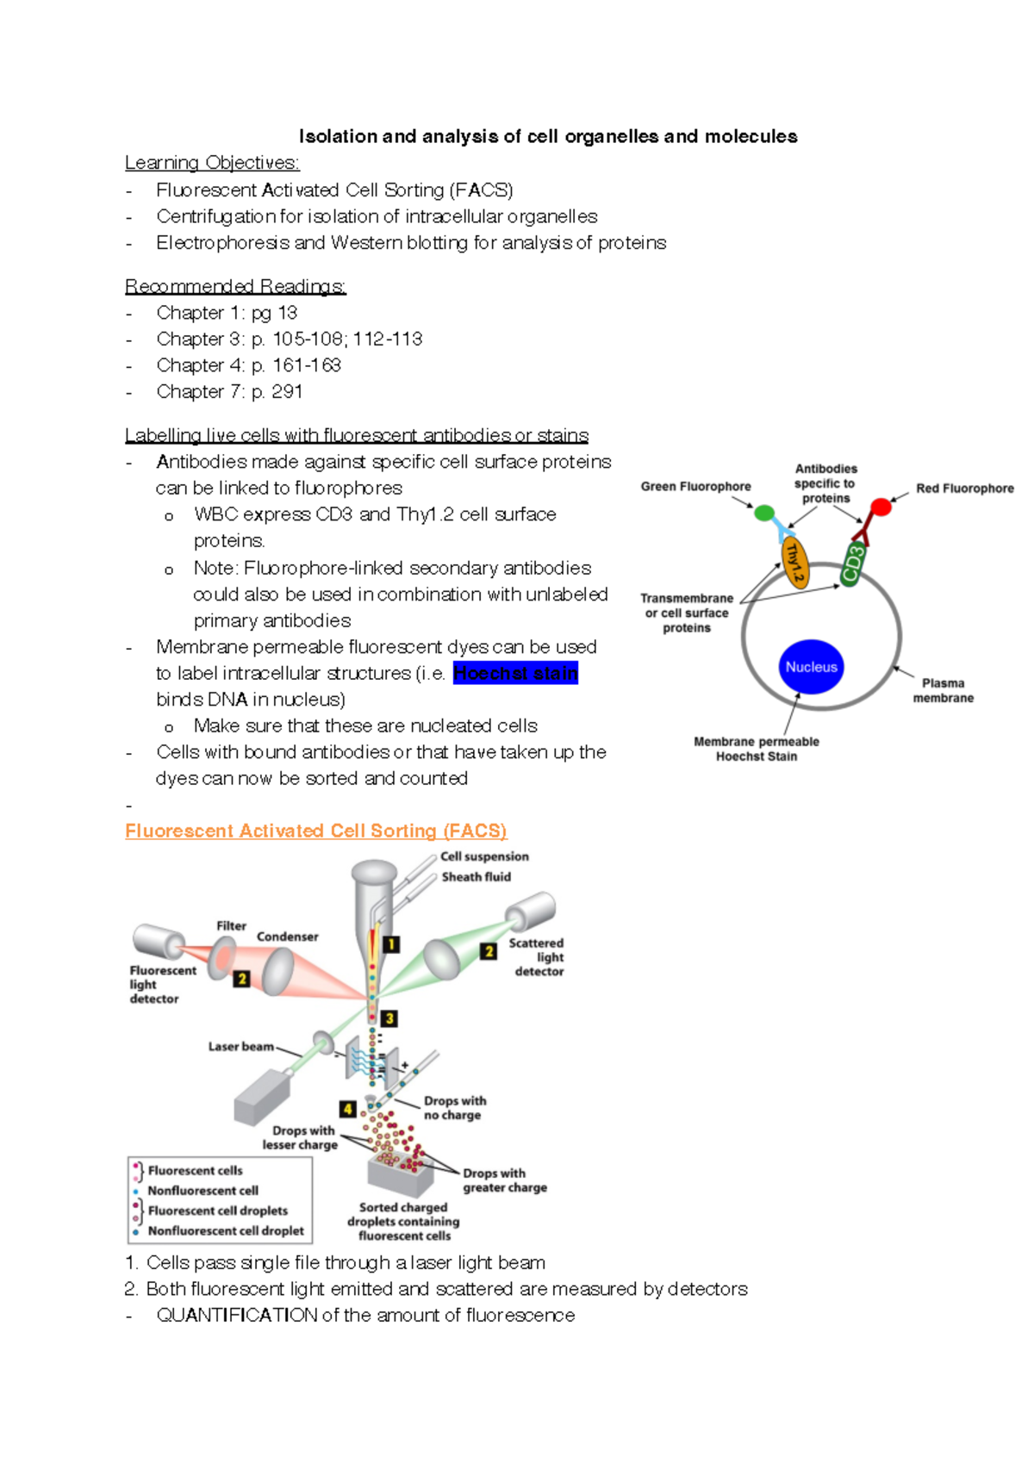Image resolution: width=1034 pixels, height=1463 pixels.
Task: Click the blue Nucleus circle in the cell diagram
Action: pyautogui.click(x=811, y=667)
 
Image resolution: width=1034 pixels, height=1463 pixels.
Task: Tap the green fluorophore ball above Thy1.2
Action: pyautogui.click(x=764, y=514)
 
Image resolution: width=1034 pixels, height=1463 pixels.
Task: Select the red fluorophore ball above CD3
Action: pyautogui.click(x=881, y=507)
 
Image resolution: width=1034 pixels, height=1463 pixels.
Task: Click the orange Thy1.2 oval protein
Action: pyautogui.click(x=794, y=563)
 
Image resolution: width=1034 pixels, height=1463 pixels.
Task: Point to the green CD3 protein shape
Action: pyautogui.click(x=852, y=565)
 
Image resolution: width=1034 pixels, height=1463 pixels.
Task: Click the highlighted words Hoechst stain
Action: pyautogui.click(x=515, y=673)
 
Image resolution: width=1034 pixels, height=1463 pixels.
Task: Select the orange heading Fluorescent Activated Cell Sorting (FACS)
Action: pyautogui.click(x=315, y=831)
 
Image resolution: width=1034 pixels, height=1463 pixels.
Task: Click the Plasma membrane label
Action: pyautogui.click(x=943, y=690)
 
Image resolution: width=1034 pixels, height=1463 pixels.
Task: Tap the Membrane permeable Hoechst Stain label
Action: pyautogui.click(x=756, y=749)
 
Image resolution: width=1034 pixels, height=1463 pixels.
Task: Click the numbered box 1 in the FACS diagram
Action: pyautogui.click(x=391, y=944)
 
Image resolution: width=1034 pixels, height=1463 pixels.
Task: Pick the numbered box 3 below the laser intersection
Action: pyautogui.click(x=389, y=1018)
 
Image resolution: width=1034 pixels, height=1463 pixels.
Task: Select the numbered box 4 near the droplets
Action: pyautogui.click(x=347, y=1109)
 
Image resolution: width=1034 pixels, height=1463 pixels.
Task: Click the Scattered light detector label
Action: pyautogui.click(x=537, y=957)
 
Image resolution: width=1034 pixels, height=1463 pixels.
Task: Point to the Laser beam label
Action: pyautogui.click(x=240, y=1047)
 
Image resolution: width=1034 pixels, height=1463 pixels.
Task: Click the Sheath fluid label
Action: pyautogui.click(x=476, y=877)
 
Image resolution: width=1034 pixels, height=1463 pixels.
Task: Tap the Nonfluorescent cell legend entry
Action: pyautogui.click(x=202, y=1191)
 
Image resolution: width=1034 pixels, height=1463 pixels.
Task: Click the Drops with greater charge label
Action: pyautogui.click(x=504, y=1180)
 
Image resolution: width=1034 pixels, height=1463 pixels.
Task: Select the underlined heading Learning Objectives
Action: pyautogui.click(x=212, y=163)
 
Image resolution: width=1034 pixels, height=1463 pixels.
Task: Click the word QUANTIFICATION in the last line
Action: pyautogui.click(x=237, y=1315)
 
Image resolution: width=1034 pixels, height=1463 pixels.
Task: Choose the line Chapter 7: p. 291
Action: pyautogui.click(x=229, y=392)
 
